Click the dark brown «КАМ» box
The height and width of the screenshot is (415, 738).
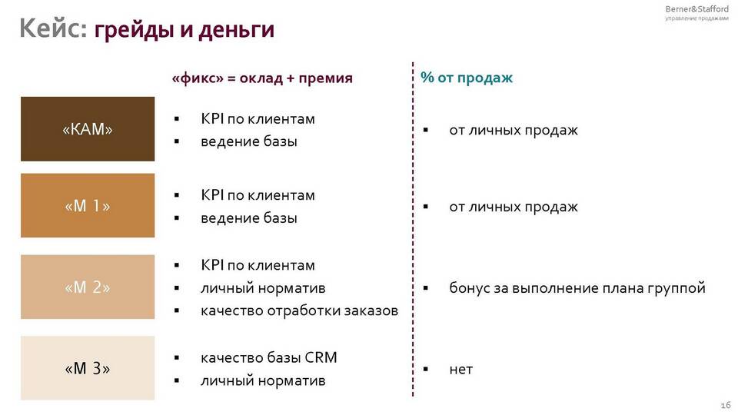88,129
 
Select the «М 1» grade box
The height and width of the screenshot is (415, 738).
88,205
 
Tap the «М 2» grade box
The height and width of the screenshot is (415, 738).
88,287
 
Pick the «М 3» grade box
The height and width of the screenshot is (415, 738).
88,368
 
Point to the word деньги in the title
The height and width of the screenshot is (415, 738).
236,30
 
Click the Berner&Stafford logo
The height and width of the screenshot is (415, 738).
696,13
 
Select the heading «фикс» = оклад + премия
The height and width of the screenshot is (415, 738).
262,78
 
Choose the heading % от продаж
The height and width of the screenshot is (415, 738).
467,78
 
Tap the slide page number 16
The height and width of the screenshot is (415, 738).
725,405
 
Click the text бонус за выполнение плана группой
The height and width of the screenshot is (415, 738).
577,287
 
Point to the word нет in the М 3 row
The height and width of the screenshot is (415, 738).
460,370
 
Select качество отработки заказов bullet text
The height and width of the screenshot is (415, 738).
299,310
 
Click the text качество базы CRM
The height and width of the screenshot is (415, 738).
269,357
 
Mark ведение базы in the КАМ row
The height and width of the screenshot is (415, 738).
249,141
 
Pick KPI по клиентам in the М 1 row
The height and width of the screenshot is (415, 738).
258,195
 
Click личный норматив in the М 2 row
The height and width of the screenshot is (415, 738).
263,288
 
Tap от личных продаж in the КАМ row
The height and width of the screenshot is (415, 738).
514,130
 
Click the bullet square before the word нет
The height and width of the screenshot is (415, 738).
425,370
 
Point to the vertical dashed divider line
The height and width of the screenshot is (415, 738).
413,229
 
